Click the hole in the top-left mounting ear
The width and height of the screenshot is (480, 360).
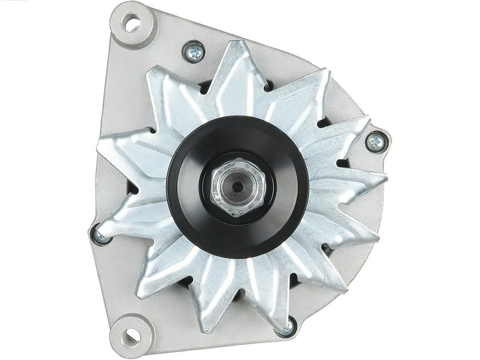(132, 23)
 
